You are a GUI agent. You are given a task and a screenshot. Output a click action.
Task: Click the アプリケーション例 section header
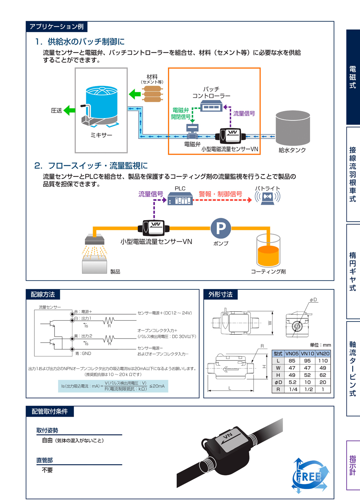click(x=57, y=27)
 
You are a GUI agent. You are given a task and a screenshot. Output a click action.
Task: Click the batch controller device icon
click(x=211, y=105)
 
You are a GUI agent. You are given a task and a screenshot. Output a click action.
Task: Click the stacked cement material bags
click(x=152, y=94)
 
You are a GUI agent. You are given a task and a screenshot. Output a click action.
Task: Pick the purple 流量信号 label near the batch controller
click(x=244, y=114)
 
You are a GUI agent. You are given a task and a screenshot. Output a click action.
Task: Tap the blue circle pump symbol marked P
click(x=221, y=228)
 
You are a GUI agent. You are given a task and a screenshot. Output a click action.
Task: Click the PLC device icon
click(x=180, y=199)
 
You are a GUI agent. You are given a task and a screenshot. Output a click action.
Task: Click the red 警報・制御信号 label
click(x=220, y=194)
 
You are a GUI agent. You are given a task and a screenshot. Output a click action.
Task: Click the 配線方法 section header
click(x=43, y=294)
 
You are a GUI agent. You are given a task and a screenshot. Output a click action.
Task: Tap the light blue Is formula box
click(x=113, y=386)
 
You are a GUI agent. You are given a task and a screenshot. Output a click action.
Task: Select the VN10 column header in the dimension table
click(x=307, y=354)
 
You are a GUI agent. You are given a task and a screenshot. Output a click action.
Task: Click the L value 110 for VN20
click(x=323, y=361)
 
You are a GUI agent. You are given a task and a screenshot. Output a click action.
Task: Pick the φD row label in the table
click(x=278, y=382)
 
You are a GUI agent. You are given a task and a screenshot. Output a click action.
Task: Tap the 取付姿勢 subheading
click(x=47, y=431)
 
